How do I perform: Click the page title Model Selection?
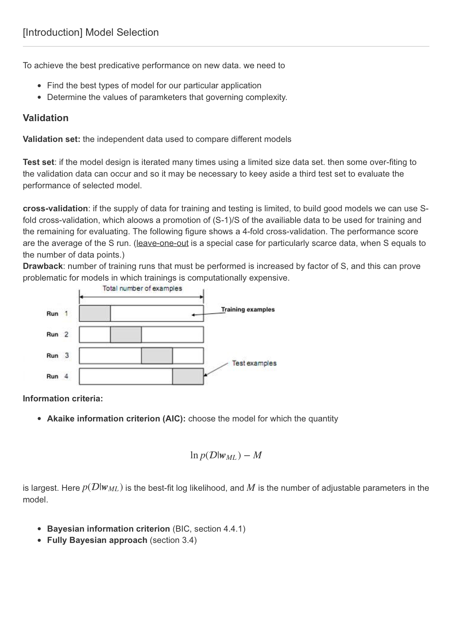click(90, 32)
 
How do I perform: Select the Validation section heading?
click(46, 118)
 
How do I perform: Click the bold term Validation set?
click(51, 139)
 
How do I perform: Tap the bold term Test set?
click(38, 162)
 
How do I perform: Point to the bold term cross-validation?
click(55, 208)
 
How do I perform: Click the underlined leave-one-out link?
click(162, 243)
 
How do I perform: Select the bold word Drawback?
click(43, 266)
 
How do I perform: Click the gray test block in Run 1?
click(94, 313)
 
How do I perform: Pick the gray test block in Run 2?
click(126, 335)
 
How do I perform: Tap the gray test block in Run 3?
click(157, 356)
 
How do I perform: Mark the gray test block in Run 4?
click(188, 377)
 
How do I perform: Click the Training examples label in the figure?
click(248, 309)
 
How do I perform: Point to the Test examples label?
click(254, 363)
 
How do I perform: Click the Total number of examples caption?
click(142, 288)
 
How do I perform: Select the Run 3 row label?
click(58, 355)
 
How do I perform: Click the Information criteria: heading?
click(63, 398)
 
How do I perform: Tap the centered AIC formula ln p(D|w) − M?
click(226, 455)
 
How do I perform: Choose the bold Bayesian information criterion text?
click(108, 529)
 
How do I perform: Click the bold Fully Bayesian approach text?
click(97, 540)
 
